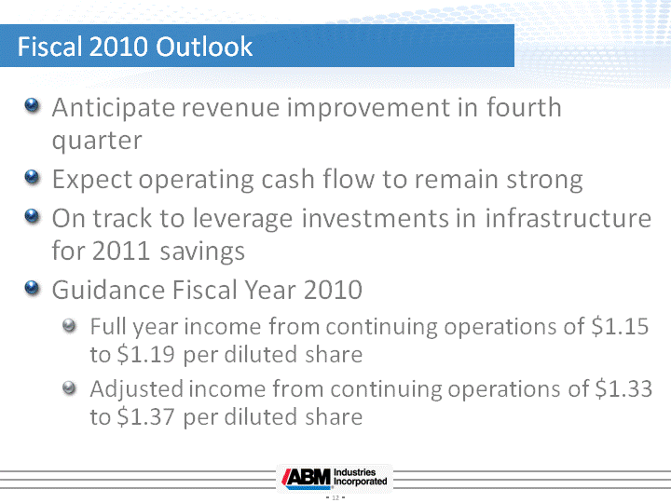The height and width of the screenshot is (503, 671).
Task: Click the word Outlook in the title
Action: coord(204,47)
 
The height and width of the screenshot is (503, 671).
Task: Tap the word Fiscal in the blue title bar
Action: coord(49,47)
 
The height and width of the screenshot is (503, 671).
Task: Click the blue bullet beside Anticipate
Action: coord(32,104)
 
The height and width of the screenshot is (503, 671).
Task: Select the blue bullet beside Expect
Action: coord(32,176)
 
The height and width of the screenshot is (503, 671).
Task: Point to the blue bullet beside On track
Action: coord(32,215)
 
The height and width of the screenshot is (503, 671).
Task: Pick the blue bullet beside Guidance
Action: coord(32,288)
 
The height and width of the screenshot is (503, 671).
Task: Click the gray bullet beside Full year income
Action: coord(69,326)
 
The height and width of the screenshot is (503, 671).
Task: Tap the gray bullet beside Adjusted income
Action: coord(69,387)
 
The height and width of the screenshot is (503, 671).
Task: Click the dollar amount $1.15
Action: coord(620,326)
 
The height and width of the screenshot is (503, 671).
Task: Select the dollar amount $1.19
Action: coord(146,355)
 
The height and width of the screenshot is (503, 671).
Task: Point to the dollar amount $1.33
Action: coord(623,388)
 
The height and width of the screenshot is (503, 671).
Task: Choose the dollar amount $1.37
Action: coord(146,416)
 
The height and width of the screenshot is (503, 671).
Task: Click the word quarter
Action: coord(97,142)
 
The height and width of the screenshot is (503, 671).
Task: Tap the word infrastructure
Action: coord(568,218)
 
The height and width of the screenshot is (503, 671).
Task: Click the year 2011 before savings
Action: coord(121,251)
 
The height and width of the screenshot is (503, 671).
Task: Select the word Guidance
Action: coord(108,290)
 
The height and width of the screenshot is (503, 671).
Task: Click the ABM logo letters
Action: coord(307,477)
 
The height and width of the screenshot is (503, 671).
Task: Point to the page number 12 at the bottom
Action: coord(335,497)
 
